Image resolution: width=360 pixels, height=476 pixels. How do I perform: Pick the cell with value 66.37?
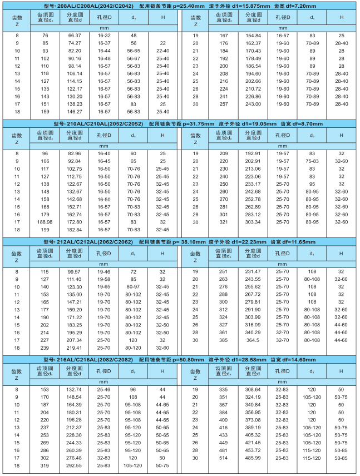(x=75, y=35)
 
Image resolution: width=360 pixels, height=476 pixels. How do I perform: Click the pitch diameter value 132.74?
(x=74, y=390)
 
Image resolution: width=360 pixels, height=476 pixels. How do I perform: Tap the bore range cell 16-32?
(x=104, y=35)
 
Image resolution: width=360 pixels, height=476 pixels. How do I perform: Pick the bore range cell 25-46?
(x=104, y=390)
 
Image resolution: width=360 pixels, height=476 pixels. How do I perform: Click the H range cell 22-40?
(x=162, y=50)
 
